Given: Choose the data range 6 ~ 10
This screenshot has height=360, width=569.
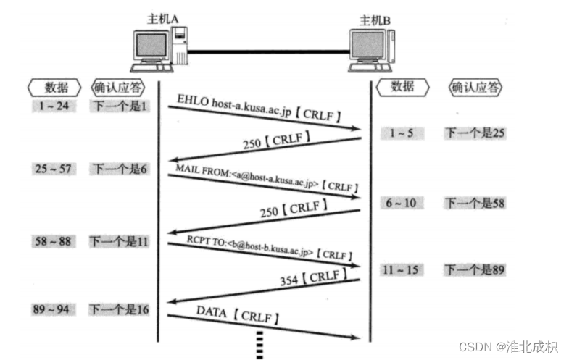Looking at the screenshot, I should pyautogui.click(x=401, y=203).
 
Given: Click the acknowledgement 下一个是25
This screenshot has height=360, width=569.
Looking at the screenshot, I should pyautogui.click(x=474, y=133).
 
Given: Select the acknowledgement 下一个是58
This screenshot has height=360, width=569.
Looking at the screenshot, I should pyautogui.click(x=474, y=203).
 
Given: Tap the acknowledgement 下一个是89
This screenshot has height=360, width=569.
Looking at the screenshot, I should pyautogui.click(x=474, y=270).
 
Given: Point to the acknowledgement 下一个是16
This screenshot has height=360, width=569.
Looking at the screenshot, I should pyautogui.click(x=120, y=309).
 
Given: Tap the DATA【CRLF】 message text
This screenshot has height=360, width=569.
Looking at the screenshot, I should pyautogui.click(x=238, y=316).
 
